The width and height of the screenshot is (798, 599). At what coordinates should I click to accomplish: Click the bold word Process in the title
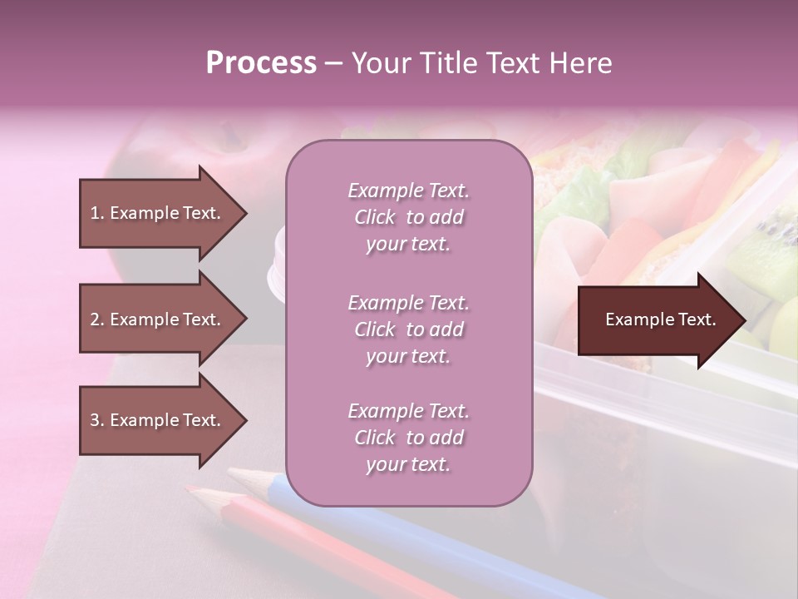coord(261,63)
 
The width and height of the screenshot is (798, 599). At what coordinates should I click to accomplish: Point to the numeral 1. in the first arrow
coord(97,213)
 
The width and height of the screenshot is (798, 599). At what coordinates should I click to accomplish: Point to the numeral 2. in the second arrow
coord(97,319)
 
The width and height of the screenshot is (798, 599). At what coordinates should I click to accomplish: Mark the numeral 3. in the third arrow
coord(97,420)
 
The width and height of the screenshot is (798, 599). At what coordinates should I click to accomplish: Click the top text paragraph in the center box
coord(408,217)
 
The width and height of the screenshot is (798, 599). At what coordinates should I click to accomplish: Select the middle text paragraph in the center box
coord(408,329)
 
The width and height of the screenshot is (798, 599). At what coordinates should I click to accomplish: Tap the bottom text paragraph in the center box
coord(408,438)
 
